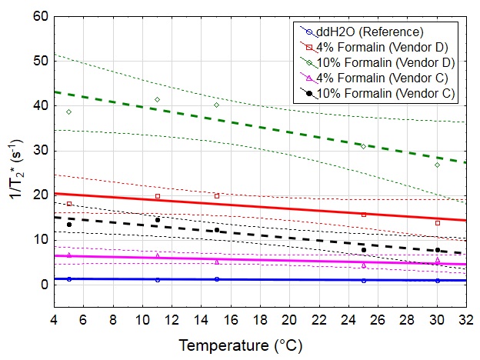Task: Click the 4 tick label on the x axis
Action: pos(54,319)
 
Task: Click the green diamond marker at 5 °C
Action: pos(69,112)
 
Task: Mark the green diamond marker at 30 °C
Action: pos(438,165)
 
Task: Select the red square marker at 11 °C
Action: pos(158,196)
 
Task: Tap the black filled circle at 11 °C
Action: pos(158,220)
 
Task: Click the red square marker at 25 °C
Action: pos(364,215)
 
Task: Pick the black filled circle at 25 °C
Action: pos(364,250)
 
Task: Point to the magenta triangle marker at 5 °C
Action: pos(69,255)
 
